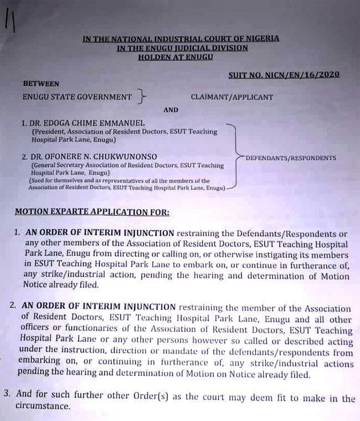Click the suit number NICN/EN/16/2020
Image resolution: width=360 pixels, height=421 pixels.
pos(284,75)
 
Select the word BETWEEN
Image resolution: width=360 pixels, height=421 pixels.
pos(41,84)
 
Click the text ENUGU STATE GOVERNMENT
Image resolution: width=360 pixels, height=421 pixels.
pos(77,97)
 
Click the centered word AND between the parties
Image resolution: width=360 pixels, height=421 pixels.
pos(171,110)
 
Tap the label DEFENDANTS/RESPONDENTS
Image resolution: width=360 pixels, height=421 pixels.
pos(291,158)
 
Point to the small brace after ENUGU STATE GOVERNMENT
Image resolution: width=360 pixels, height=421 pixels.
pos(142,98)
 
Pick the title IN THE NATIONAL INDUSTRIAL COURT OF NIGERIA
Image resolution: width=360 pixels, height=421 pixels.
pos(181,38)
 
